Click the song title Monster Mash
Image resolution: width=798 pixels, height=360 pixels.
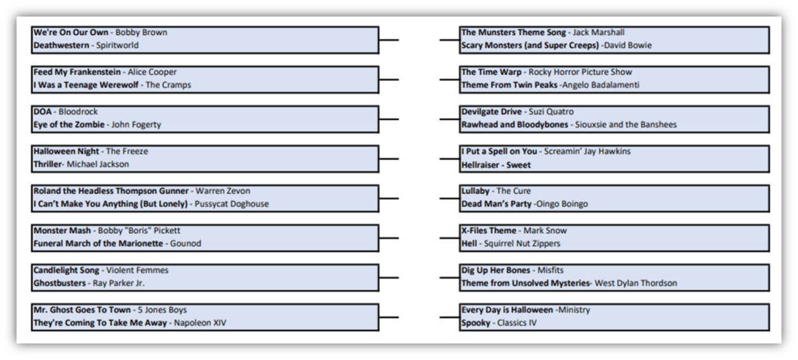tap(62, 231)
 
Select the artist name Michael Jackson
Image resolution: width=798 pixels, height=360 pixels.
tap(97, 164)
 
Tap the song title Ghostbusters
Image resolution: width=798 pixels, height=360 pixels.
tap(59, 283)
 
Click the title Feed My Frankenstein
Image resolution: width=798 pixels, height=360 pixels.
tap(77, 72)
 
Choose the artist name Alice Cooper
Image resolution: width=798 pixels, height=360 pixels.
tap(152, 72)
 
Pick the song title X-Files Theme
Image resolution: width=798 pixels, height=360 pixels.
tap(489, 231)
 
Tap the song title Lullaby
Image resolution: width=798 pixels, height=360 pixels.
tap(475, 191)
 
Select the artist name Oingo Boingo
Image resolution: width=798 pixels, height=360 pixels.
tap(563, 204)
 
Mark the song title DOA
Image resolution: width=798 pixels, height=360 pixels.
tap(43, 112)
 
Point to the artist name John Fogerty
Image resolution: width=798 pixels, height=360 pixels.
tap(136, 125)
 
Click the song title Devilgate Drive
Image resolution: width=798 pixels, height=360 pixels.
tap(492, 112)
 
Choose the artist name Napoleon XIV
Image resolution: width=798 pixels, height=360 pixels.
tap(200, 323)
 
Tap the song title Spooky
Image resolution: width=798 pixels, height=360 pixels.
tap(476, 323)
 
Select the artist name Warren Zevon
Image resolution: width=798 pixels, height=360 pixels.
tap(223, 191)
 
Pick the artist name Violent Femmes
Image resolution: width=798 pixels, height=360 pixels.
tap(137, 270)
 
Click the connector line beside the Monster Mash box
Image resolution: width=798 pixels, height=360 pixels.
tap(389, 238)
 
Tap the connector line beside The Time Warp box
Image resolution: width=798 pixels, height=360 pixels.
tap(450, 79)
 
